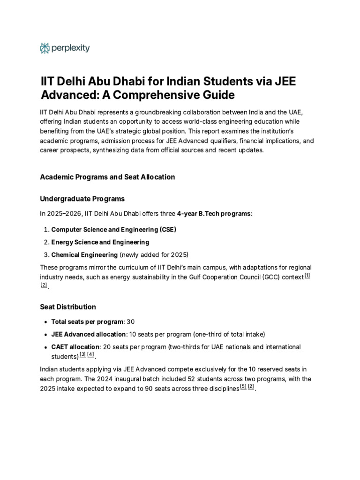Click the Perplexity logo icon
[x=45, y=48]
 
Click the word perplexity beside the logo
[x=71, y=48]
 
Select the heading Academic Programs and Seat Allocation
[x=107, y=177]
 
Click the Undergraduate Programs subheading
[x=82, y=199]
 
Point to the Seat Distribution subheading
[x=68, y=307]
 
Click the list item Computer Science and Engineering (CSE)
[x=113, y=229]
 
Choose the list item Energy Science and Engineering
[x=100, y=242]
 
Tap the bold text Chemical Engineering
[x=84, y=255]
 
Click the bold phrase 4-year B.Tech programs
[x=214, y=214]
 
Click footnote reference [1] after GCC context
[x=307, y=276]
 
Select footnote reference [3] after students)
[x=82, y=354]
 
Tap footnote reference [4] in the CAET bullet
[x=90, y=354]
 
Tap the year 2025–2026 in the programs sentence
[x=66, y=214]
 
